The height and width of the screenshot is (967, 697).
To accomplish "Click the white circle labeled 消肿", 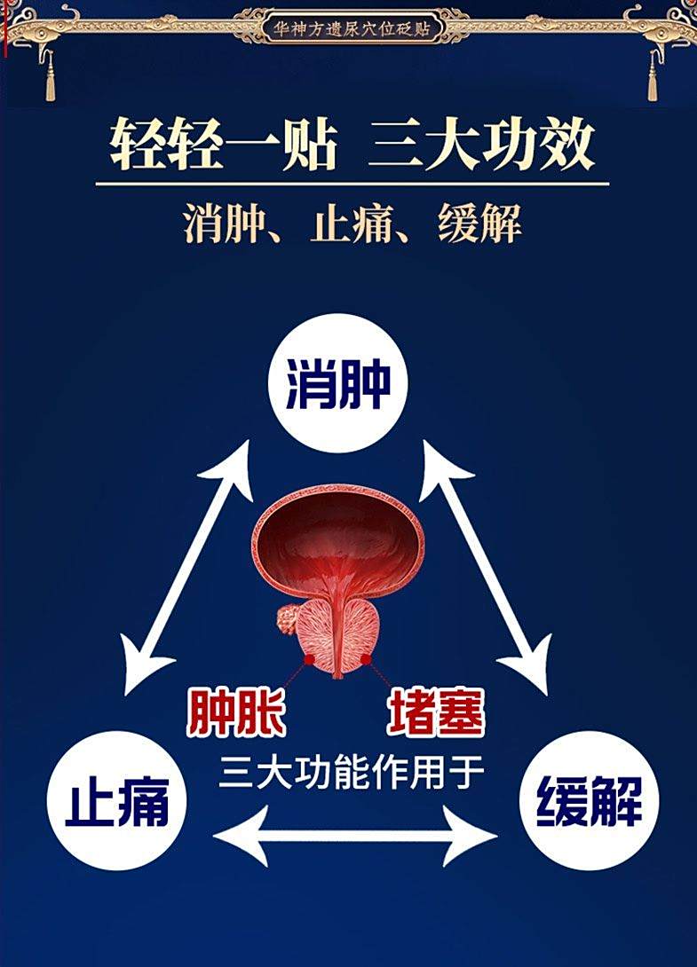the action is (x=337, y=383).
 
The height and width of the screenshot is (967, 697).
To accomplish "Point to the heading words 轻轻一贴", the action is (x=225, y=145).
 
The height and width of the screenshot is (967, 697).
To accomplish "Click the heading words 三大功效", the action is (x=481, y=145).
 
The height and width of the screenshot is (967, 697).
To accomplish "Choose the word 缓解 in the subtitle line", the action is (x=479, y=224).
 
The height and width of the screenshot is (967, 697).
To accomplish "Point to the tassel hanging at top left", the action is (x=50, y=76).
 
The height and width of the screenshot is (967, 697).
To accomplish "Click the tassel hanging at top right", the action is (x=653, y=76).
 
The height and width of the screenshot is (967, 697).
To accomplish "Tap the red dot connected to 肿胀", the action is (x=309, y=659).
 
